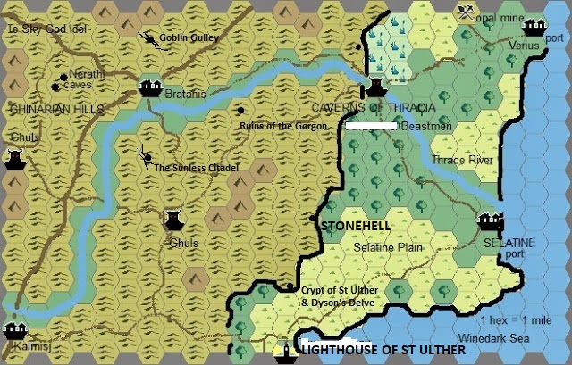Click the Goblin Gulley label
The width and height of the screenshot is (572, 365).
click(x=188, y=39)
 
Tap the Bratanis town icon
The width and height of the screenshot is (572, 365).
click(x=150, y=87)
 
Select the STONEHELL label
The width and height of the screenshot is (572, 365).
click(x=355, y=227)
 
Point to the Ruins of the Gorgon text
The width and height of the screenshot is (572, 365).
click(x=283, y=126)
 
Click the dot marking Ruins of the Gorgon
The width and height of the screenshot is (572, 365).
click(x=240, y=110)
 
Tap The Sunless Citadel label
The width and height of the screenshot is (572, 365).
click(x=196, y=167)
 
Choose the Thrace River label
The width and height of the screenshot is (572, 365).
click(x=462, y=161)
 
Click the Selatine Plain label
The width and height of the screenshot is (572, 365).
click(x=387, y=246)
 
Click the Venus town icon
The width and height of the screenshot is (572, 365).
click(x=535, y=28)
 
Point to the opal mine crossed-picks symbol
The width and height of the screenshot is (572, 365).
click(x=466, y=12)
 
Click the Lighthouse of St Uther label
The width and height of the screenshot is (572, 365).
click(x=383, y=352)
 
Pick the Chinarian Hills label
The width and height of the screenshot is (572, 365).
click(x=55, y=109)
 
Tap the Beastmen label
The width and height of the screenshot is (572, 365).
click(x=428, y=127)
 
